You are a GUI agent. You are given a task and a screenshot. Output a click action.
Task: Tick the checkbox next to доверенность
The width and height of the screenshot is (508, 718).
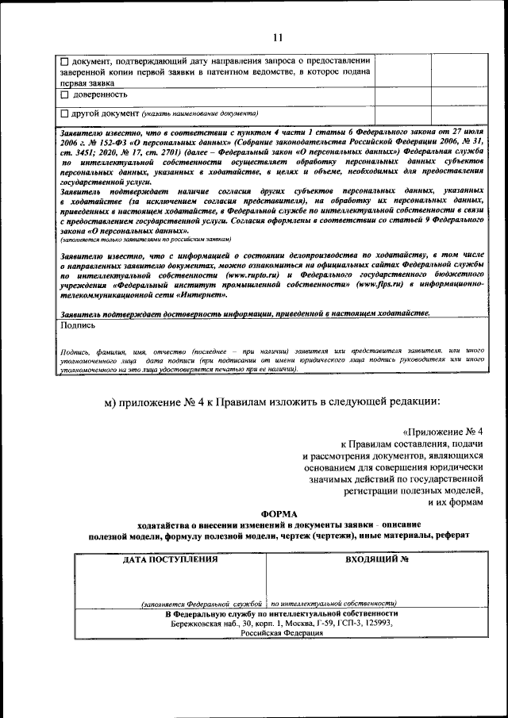click(65, 94)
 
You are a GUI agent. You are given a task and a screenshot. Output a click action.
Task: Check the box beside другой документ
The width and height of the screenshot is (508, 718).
click(65, 113)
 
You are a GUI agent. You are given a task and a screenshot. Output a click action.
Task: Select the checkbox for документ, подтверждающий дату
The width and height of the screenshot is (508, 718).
click(65, 60)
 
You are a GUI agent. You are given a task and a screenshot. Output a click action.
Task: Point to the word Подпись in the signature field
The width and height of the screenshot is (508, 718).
click(78, 324)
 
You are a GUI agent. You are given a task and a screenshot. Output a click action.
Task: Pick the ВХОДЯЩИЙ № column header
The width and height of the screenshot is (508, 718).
click(376, 559)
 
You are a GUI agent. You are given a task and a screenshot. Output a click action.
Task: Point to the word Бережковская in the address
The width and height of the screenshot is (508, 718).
click(198, 624)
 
